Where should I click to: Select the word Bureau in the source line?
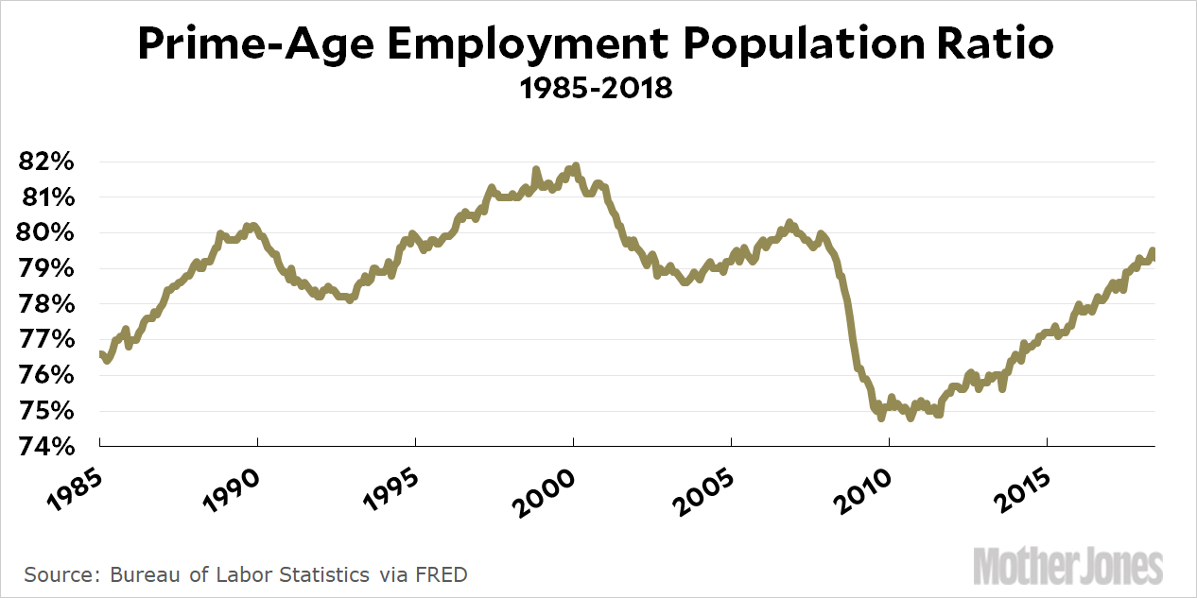pyautogui.click(x=143, y=574)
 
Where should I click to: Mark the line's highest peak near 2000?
pyautogui.click(x=575, y=166)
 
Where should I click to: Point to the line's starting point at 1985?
pyautogui.click(x=99, y=353)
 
